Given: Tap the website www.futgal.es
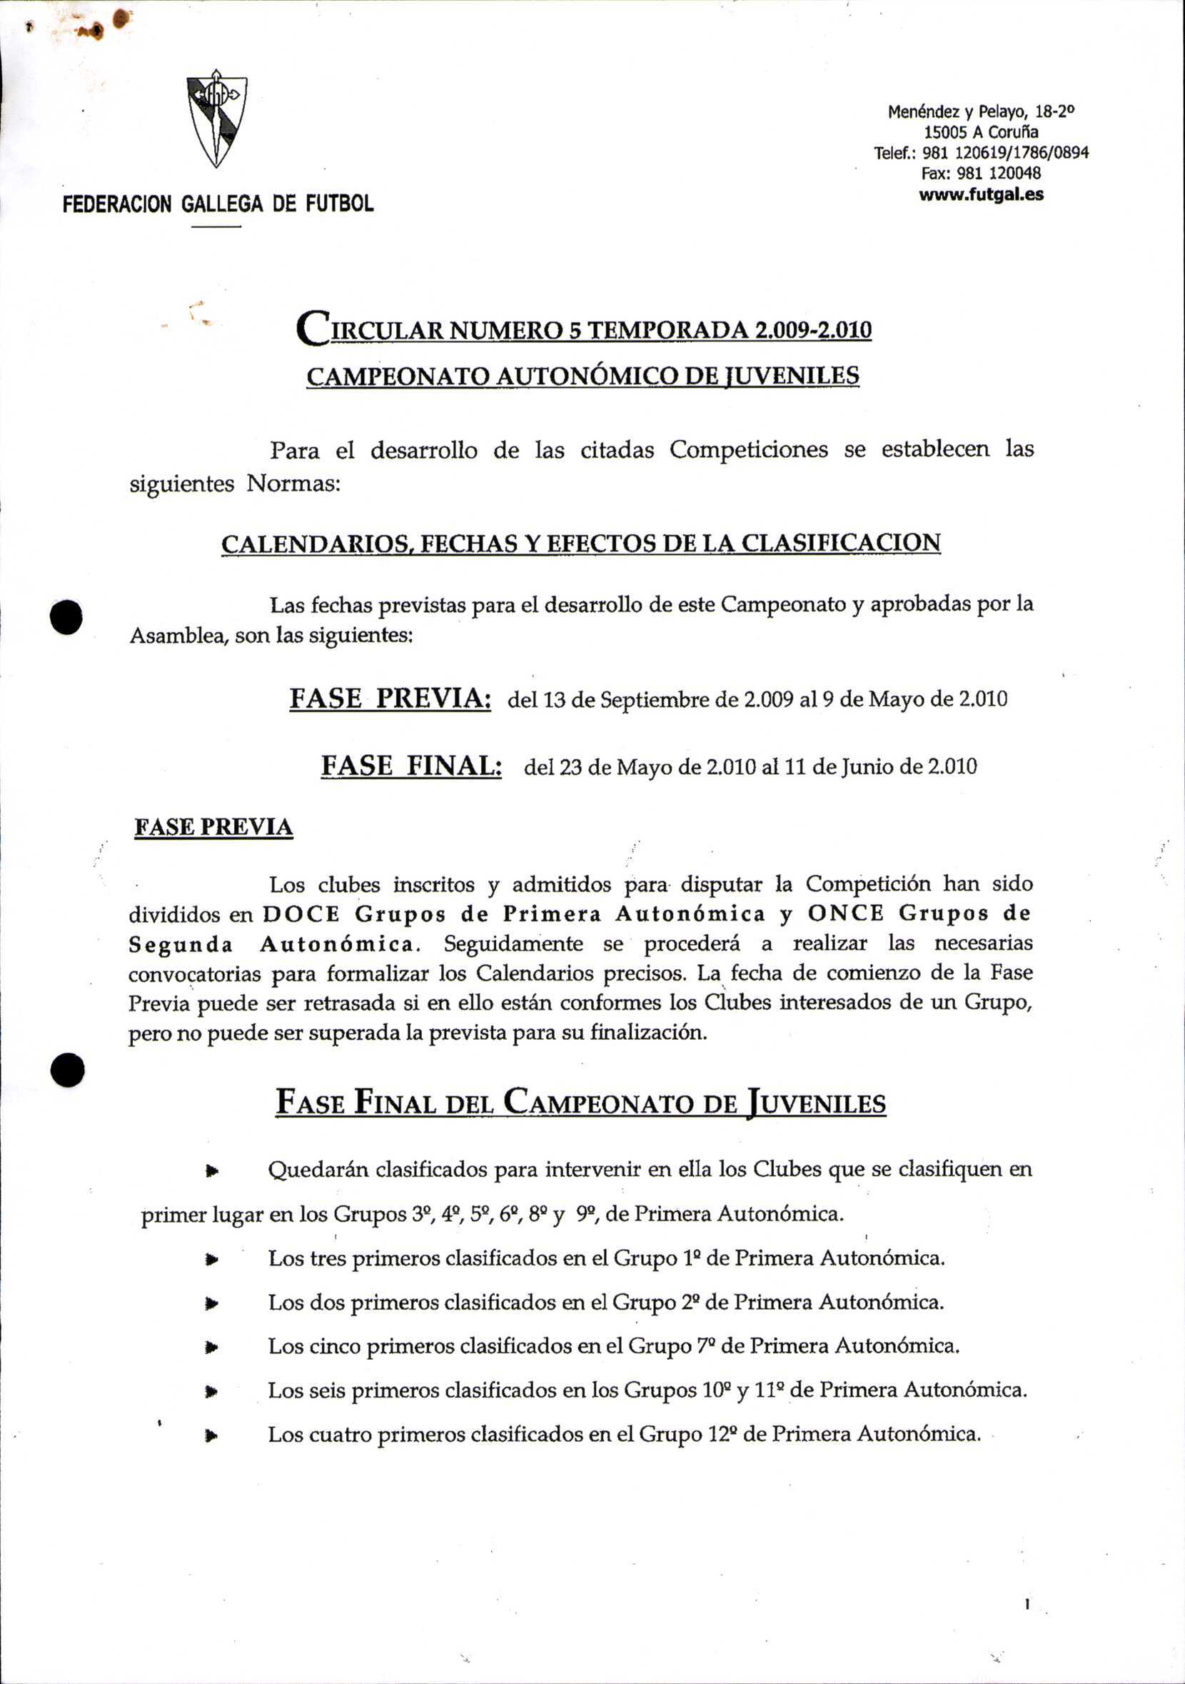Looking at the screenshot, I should pos(980,194).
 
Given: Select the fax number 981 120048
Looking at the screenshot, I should pos(999,174).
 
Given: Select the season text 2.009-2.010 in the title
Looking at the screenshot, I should pos(813,331).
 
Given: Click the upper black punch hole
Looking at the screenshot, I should pos(66,617).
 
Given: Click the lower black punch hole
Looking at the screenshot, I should pos(68,1070).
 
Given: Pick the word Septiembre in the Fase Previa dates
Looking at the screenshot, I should pos(650,700).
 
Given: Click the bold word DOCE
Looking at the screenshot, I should pos(301,915).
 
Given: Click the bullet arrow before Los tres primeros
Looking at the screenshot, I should pos(213,1259).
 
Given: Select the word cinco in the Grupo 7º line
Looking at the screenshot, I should pos(335,1347).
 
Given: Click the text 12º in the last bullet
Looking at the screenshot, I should pos(722,1434).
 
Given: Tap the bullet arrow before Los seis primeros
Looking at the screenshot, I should pos(213,1390).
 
